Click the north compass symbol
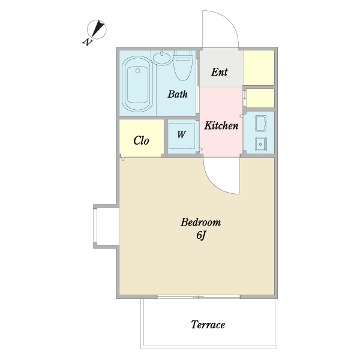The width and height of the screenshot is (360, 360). pos(97,29)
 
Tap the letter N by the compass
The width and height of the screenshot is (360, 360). pos(87,42)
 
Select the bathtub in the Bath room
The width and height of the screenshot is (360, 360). pos(137,83)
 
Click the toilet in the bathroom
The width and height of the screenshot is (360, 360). pos(183,65)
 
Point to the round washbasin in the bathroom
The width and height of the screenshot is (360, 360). pos(162,58)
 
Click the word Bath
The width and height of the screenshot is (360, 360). pos(178,94)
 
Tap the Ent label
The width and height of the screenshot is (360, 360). pos(219,72)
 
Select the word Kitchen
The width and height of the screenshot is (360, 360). pos(221,125)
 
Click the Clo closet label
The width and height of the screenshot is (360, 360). pos(141,140)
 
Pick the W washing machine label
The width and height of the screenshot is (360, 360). pos(181,134)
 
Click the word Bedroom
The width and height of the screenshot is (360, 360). pos(200,222)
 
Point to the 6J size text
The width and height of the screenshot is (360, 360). pos(202,235)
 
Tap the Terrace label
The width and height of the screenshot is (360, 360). pos(208,325)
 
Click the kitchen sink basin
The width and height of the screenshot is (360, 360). pos(261,124)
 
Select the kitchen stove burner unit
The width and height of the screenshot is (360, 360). pos(261,144)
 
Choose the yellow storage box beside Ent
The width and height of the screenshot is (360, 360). pos(259,68)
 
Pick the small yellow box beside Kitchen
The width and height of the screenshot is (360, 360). pos(260,98)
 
